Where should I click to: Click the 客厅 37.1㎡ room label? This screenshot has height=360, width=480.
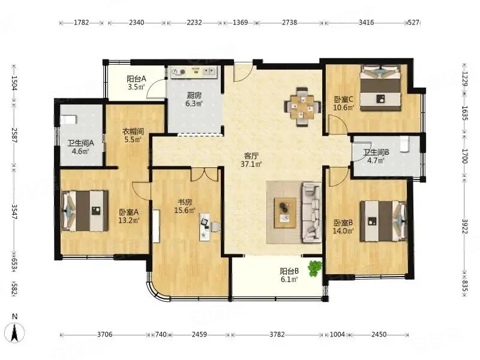click(x=251, y=160)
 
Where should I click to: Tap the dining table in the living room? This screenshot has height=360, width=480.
click(x=302, y=107)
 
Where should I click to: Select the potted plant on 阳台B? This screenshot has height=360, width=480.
click(x=315, y=268)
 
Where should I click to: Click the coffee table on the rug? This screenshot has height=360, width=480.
click(x=285, y=213)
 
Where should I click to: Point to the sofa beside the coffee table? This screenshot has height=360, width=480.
click(x=312, y=212)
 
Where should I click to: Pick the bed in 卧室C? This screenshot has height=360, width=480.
click(x=380, y=88)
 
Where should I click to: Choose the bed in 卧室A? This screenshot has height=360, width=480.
click(x=85, y=211)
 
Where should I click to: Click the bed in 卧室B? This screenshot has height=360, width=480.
click(x=384, y=221)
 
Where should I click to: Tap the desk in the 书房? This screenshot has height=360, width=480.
click(x=205, y=227)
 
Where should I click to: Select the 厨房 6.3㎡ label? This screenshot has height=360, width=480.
click(x=194, y=100)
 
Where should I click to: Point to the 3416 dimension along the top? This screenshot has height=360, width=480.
click(x=366, y=22)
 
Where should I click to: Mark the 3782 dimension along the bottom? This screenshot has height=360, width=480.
click(x=277, y=335)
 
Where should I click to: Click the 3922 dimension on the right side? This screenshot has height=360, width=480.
click(x=464, y=227)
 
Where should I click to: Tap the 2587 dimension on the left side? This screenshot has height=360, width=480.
click(x=14, y=135)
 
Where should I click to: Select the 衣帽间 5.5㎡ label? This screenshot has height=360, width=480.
click(x=133, y=136)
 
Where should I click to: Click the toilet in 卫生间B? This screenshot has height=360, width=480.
click(x=404, y=144)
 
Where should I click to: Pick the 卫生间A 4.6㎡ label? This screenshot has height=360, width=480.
click(x=80, y=146)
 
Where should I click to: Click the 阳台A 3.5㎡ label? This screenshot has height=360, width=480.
click(x=136, y=83)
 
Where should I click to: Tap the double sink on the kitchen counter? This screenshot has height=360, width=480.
click(x=209, y=72)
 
